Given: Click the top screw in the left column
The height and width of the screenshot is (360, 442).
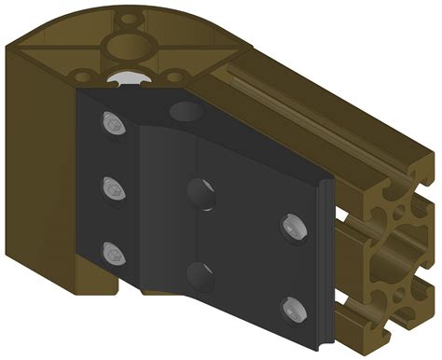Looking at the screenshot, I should point(113,123).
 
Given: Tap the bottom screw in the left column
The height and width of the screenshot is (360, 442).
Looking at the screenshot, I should point(113,251).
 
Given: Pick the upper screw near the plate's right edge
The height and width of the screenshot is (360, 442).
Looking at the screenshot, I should point(291,225).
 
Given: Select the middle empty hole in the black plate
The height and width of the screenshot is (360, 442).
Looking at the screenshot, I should point(200,194).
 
